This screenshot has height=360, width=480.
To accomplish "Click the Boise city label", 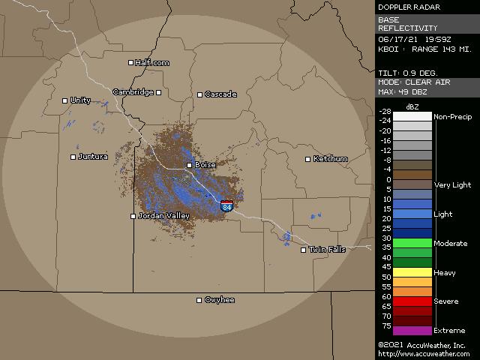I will (205, 165).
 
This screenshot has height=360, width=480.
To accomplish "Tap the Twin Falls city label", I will (328, 250).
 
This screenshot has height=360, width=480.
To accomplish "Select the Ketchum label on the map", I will (331, 159).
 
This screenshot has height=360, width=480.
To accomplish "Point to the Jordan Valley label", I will (164, 216).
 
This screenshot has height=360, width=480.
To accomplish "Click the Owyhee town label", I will (220, 300).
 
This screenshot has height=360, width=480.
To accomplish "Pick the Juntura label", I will (94, 157).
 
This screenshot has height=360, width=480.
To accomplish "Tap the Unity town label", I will (80, 100).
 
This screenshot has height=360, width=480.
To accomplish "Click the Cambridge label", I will (133, 92).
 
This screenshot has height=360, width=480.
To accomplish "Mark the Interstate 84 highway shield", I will (227, 205).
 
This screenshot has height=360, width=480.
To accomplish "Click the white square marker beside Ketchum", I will (307, 159).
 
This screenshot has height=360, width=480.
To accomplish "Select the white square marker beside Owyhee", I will (199, 300).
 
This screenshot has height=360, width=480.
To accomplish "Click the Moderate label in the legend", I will (450, 243).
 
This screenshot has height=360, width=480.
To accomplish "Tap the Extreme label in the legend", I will (449, 330).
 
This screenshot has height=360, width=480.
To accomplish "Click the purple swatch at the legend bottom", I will (413, 331).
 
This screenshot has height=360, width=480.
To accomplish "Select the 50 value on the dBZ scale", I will (386, 277).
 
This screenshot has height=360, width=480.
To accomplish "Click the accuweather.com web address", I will (424, 353).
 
